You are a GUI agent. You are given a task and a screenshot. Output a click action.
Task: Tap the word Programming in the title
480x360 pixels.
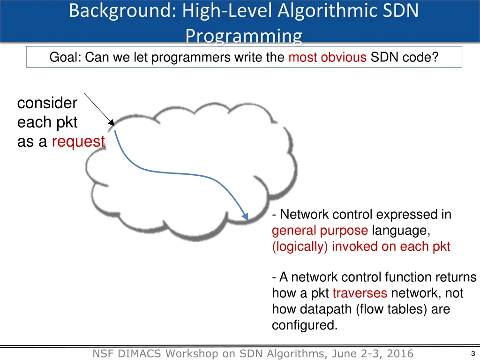point(243,36)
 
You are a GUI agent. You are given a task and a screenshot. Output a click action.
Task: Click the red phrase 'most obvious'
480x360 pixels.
point(328,57)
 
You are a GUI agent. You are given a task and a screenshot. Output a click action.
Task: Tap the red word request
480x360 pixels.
point(78,141)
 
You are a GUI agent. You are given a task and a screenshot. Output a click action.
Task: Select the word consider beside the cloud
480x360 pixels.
point(47,103)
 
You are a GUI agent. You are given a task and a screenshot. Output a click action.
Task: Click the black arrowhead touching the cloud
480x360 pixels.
point(112,123)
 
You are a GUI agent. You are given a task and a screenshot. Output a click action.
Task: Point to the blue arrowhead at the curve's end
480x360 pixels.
point(245,216)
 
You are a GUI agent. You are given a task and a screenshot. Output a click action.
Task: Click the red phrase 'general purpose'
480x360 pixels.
point(320,231)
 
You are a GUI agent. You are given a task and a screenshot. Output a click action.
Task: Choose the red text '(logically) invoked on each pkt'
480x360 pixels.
point(361,247)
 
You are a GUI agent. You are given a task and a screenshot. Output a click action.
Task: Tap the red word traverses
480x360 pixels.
point(360,293)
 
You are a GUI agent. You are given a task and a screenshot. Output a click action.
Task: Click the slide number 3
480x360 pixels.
point(472,353)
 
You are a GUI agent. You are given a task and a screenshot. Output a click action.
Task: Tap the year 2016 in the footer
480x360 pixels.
point(399,354)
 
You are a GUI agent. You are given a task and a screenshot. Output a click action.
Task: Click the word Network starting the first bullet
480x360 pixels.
point(305,215)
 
